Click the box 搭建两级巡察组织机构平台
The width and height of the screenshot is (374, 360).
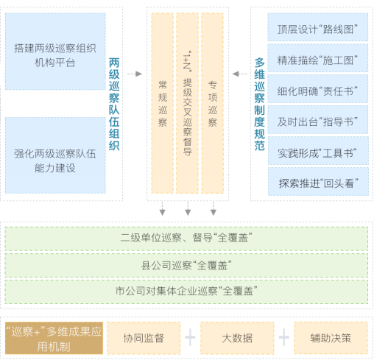coord(55,52)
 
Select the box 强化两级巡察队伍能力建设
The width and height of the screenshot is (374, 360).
coord(55,155)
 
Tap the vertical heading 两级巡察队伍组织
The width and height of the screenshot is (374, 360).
coord(114,104)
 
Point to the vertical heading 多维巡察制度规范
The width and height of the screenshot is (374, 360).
coord(259,104)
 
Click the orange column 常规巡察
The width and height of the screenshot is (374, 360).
coord(163,103)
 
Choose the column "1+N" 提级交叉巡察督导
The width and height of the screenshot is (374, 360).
coord(188,103)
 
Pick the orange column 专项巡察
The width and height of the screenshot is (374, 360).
coord(213,103)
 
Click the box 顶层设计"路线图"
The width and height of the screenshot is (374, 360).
coord(318,27)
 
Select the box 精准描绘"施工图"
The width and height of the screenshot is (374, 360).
coord(318,58)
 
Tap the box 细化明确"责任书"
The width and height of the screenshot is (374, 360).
coord(318,89)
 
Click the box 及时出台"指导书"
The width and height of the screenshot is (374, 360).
coord(318,120)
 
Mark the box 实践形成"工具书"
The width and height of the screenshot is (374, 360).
coord(318,151)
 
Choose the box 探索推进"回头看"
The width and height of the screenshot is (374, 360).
coord(318,182)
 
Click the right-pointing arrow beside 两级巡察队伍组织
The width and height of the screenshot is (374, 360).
coord(135,74)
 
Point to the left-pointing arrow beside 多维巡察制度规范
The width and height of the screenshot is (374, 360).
coord(239,74)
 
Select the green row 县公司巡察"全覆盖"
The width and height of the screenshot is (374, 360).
coord(186,266)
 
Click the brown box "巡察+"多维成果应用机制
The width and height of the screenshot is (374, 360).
coord(54,338)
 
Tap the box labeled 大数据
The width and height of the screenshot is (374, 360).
coord(237,338)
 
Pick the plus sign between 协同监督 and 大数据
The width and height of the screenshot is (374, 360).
coord(190,337)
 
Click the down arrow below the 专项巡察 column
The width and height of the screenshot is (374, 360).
coord(214,208)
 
